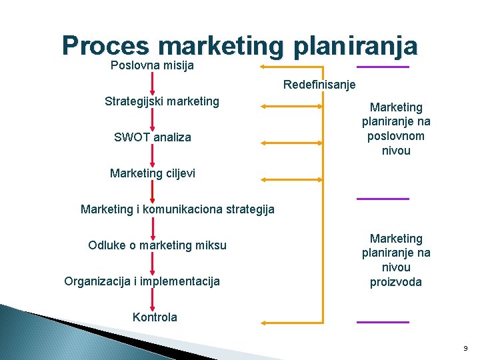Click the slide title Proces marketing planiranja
pos(240,45)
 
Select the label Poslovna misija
pos(152,66)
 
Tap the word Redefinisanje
pos(319,85)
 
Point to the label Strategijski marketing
pos(161,101)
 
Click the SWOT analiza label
pos(153,137)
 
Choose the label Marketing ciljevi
pos(153,174)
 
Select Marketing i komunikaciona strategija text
pos(177,209)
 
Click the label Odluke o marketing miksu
pos(157,245)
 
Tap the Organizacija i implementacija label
pos(142,281)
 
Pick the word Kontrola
pos(155,317)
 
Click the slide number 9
pos(465,349)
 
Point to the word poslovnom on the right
pos(396,136)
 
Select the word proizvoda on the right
pos(396,281)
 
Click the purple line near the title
pos(383,67)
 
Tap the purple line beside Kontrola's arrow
pos(383,322)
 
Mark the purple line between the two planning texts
pos(383,199)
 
